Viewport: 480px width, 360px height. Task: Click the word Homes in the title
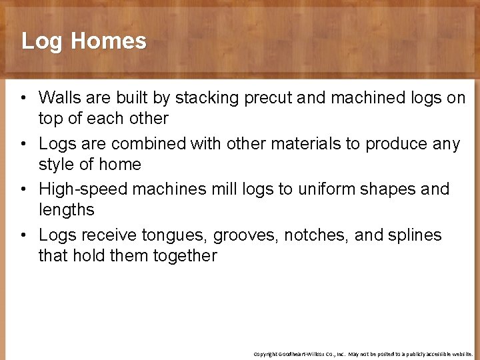tap(108, 41)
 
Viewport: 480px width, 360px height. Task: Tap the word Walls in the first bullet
tap(58, 98)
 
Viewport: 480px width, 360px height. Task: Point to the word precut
tap(269, 98)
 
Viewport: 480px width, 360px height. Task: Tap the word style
tap(55, 164)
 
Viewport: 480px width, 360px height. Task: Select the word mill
tap(222, 189)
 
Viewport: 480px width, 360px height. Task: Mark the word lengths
tap(67, 210)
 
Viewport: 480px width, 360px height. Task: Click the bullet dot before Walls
tap(23, 99)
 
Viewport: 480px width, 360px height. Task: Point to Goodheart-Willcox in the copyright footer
tap(304, 354)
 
